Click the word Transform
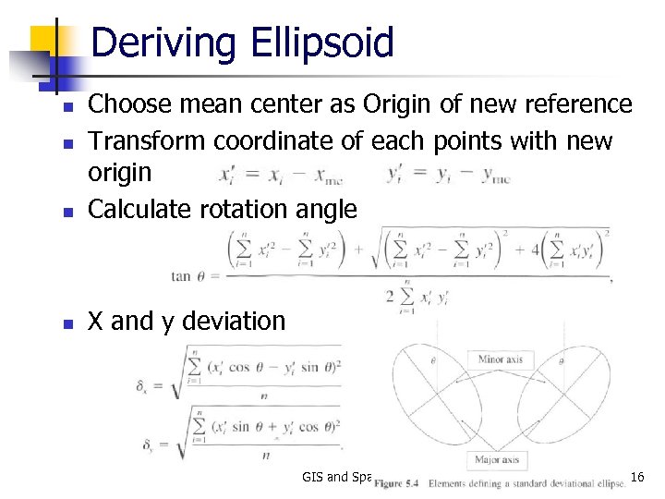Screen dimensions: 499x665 147,140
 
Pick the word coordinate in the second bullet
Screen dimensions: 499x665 290,140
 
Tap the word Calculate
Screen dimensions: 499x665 139,209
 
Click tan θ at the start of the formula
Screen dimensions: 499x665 191,274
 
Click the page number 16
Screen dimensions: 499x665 636,477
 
